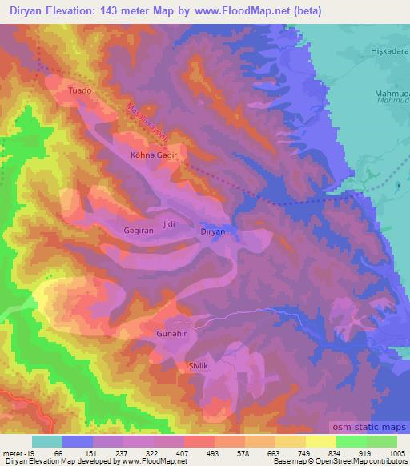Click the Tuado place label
pyautogui.click(x=81, y=91)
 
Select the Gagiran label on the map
pyautogui.click(x=139, y=229)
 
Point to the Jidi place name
pyautogui.click(x=168, y=224)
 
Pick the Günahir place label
pyautogui.click(x=171, y=331)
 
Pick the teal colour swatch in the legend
pyautogui.click(x=47, y=441)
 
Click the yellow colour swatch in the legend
pyautogui.click(x=320, y=441)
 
